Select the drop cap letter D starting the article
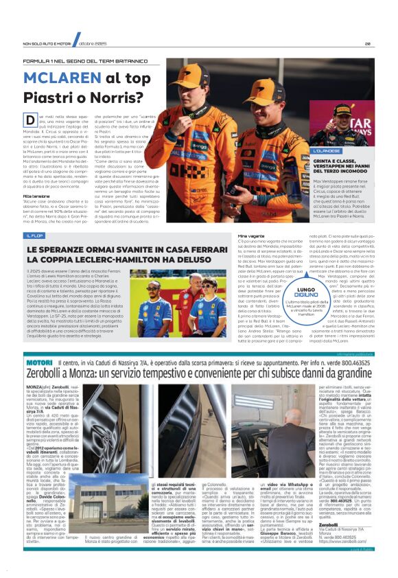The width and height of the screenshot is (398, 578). tap(30, 121)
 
